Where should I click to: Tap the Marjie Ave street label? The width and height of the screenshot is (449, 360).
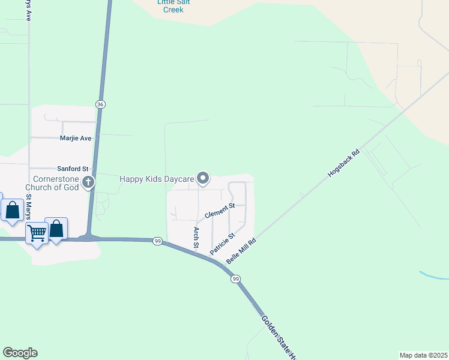pyautogui.click(x=76, y=138)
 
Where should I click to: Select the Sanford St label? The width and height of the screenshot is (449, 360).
pyautogui.click(x=73, y=169)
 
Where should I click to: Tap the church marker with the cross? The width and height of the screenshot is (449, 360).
pyautogui.click(x=88, y=182)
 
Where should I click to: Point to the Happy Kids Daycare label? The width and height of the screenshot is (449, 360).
pyautogui.click(x=157, y=179)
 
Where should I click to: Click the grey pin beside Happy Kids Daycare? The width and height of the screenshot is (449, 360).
pyautogui.click(x=203, y=178)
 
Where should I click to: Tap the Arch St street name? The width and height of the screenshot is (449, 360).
pyautogui.click(x=196, y=237)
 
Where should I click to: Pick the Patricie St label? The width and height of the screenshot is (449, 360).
pyautogui.click(x=221, y=244)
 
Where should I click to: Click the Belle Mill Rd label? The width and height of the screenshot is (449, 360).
pyautogui.click(x=241, y=251)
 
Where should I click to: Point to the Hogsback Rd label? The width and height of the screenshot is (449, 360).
pyautogui.click(x=343, y=162)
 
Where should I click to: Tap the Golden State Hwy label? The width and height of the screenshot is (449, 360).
pyautogui.click(x=279, y=337)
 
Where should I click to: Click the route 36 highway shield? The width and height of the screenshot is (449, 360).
pyautogui.click(x=101, y=104)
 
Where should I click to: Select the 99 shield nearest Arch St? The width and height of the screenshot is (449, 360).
pyautogui.click(x=157, y=241)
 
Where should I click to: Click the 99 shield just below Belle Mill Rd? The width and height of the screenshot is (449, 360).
pyautogui.click(x=237, y=279)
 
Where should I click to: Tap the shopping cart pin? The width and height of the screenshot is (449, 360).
pyautogui.click(x=37, y=232)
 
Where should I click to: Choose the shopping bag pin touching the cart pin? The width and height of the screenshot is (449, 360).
pyautogui.click(x=56, y=229)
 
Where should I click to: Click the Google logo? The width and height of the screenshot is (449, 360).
pyautogui.click(x=20, y=353)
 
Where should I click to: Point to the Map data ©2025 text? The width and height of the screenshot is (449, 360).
pyautogui.click(x=423, y=355)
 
